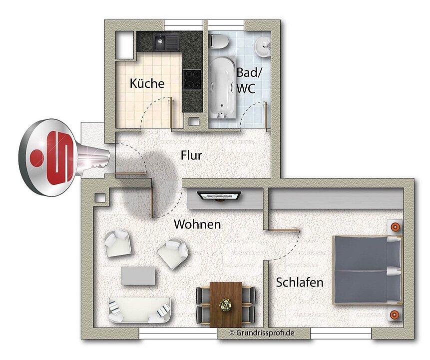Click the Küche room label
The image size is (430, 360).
147,83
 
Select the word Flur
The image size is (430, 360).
191,155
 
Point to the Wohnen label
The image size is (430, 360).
197,224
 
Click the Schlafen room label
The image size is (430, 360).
300,282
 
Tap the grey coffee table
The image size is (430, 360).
138,275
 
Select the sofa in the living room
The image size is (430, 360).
139,309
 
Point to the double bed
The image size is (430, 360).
368,269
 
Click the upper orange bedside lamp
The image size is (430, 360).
396,226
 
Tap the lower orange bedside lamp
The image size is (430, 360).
395,314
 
